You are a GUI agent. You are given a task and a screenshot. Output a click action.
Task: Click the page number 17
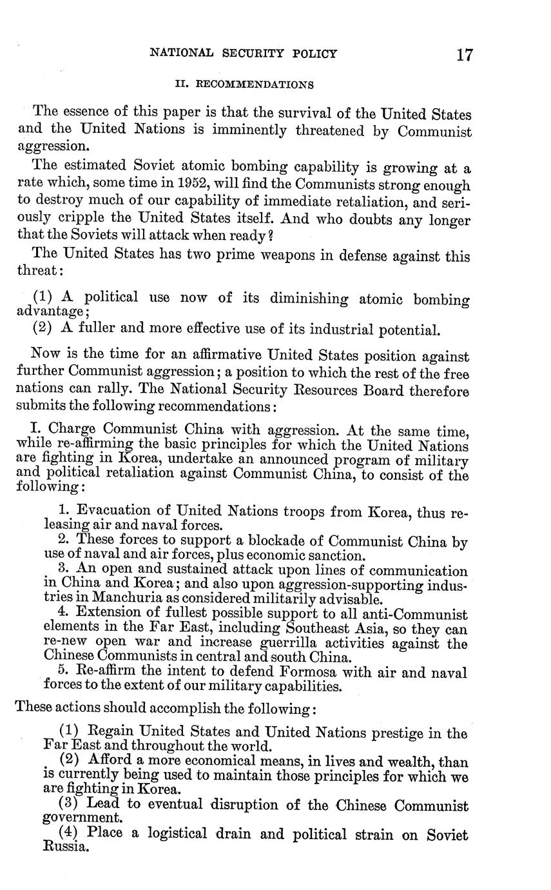(x=464, y=54)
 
